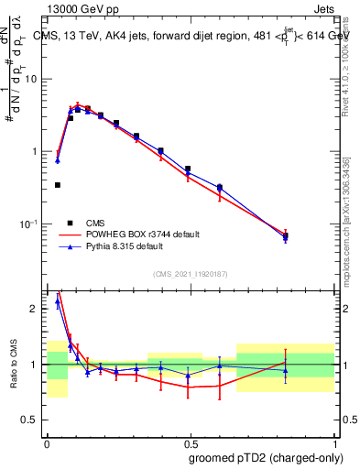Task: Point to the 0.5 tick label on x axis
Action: point(190,442)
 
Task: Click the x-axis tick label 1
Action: point(333,442)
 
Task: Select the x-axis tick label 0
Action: point(47,442)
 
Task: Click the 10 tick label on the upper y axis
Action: point(33,79)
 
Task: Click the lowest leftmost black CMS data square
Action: point(58,185)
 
